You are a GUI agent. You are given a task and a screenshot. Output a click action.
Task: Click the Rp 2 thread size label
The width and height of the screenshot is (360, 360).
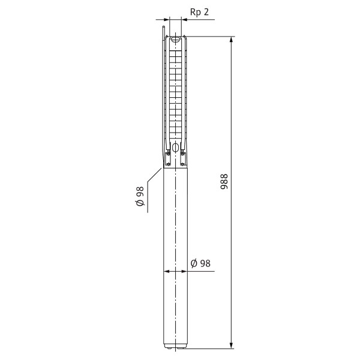(199, 12)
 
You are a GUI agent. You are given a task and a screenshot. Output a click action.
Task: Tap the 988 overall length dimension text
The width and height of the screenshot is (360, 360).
(224, 182)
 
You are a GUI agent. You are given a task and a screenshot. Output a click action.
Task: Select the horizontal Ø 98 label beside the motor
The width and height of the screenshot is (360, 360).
(200, 263)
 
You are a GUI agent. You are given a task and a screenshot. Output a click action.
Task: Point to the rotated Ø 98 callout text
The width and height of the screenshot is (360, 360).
(140, 196)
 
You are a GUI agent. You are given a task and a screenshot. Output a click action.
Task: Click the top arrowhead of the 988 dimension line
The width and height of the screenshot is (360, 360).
(232, 40)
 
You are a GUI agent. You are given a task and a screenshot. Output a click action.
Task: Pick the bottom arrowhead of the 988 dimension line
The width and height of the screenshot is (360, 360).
(232, 345)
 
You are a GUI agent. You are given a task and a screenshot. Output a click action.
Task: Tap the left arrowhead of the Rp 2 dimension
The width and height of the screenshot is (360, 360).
(166, 20)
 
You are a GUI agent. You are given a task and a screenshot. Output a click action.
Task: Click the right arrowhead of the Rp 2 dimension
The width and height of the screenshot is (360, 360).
(185, 20)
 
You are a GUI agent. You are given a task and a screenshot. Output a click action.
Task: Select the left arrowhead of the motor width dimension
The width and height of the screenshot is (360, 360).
(167, 271)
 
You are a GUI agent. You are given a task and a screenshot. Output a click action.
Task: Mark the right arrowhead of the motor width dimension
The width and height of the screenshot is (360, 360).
(184, 271)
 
